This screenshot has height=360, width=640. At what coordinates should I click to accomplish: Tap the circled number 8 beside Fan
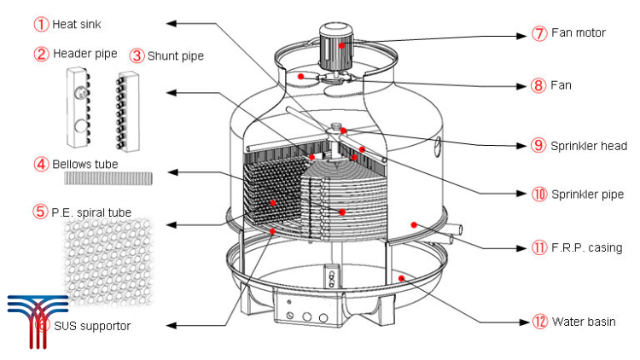538,85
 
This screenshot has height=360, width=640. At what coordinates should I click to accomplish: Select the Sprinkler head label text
590,145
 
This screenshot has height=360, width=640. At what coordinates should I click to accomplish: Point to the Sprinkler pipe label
588,195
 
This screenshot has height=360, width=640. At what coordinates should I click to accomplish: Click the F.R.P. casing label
587,248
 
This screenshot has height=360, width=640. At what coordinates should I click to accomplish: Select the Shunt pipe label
175,56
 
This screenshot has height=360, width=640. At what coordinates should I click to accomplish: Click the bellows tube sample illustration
108,177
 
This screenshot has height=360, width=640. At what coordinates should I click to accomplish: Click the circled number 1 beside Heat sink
41,23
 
